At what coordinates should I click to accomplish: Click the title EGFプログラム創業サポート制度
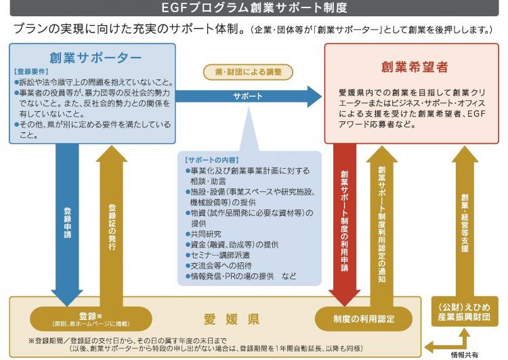point(255,9)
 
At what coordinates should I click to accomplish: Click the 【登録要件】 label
point(31,71)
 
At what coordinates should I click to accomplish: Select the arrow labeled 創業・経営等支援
point(465,217)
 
